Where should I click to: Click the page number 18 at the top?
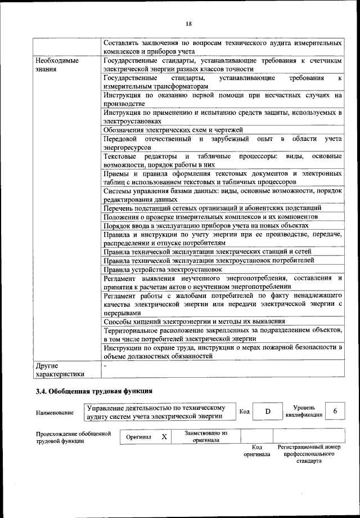point(188,23)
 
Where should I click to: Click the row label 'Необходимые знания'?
point(57,65)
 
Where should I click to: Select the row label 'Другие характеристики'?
point(60,369)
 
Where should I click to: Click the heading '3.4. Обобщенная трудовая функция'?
point(94,391)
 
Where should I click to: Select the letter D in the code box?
point(268,412)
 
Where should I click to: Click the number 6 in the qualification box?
point(335,412)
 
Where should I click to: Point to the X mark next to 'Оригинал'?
point(164,437)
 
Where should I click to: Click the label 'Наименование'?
point(55,412)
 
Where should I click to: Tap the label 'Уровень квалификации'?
point(303,411)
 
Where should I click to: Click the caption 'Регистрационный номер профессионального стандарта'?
point(309,453)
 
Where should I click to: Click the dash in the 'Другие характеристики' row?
point(105,365)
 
